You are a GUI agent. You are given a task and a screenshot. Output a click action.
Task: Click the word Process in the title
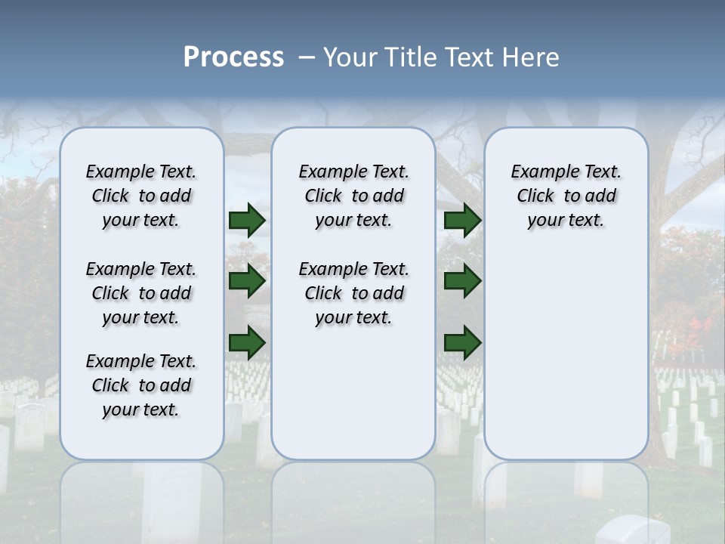(233, 57)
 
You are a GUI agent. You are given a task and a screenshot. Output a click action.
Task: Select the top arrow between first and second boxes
(247, 220)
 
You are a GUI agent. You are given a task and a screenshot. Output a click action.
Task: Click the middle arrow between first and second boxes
(247, 282)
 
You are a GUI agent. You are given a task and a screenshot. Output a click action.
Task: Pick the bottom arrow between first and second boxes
(247, 343)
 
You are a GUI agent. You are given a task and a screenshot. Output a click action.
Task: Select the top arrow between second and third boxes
(462, 220)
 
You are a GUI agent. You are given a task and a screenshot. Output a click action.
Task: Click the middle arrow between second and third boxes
(462, 282)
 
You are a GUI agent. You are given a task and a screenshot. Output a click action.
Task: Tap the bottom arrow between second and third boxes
(462, 343)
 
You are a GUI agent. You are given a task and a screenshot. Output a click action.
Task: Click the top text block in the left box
(141, 196)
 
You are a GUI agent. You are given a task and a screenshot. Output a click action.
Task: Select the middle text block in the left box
(141, 293)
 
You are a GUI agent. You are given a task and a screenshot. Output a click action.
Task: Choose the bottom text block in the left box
(141, 385)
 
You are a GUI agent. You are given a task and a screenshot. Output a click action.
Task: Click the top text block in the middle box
(353, 196)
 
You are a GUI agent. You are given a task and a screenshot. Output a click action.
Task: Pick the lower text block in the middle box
(353, 293)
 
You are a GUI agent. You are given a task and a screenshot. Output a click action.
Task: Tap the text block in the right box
(566, 196)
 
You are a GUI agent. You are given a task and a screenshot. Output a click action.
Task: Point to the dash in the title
(307, 57)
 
